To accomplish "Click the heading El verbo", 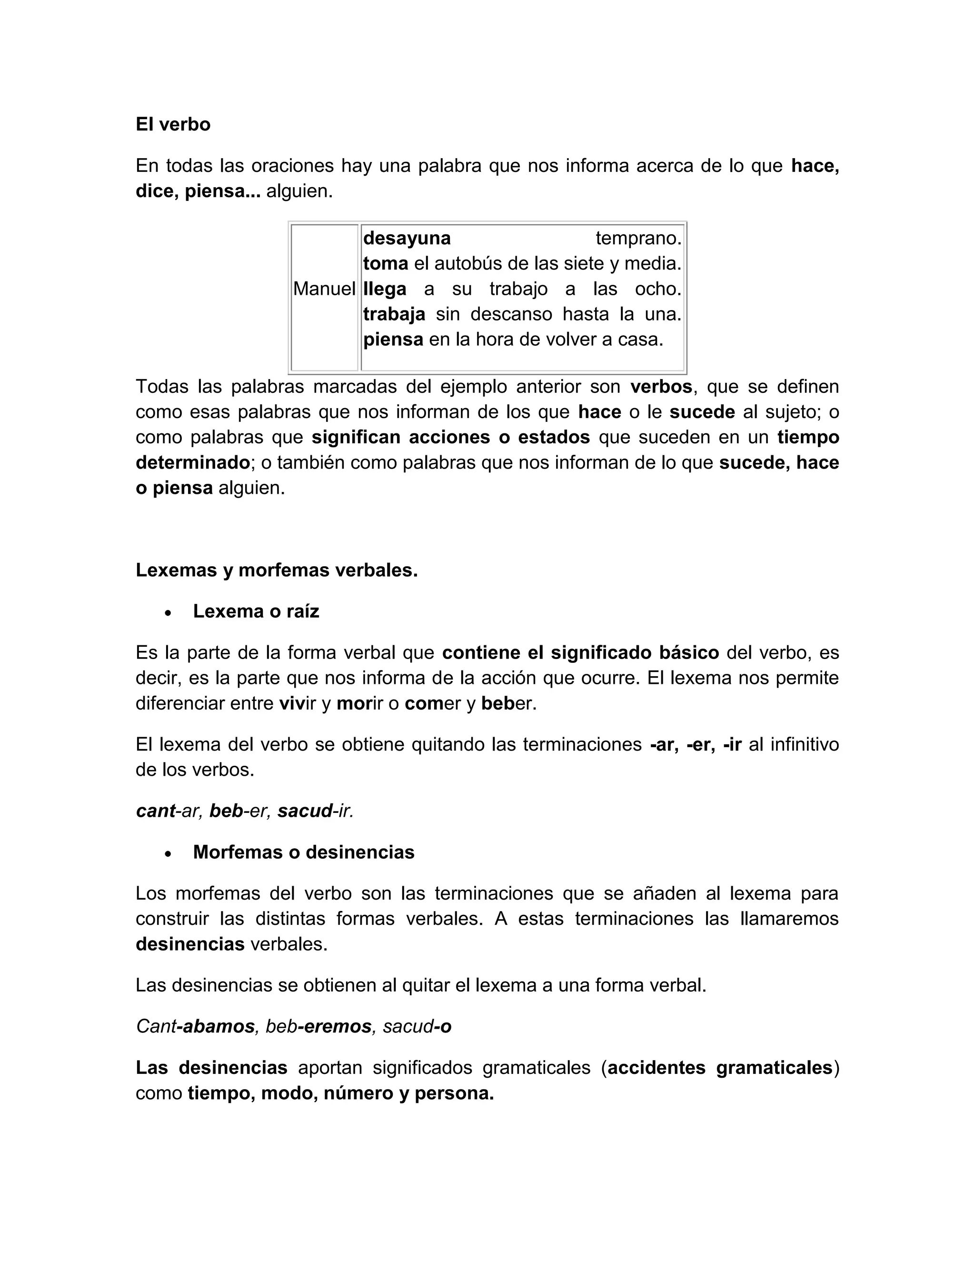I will click(173, 124).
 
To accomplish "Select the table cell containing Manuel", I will click(324, 289).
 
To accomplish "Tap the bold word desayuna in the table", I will click(407, 238).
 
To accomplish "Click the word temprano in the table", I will click(637, 238).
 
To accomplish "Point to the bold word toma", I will click(385, 263).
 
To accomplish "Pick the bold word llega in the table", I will click(385, 289).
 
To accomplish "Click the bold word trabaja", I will click(394, 314).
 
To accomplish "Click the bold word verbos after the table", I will click(661, 386).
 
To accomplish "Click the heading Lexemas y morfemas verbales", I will click(276, 571).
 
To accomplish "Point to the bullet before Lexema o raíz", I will click(168, 612).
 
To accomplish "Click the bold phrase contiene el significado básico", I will click(580, 652).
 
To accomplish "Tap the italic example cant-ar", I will click(168, 811).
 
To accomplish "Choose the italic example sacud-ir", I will click(315, 811).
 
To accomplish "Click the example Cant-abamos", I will click(195, 1026).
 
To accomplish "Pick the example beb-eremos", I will click(318, 1026).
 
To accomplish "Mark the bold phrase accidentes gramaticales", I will click(719, 1068).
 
